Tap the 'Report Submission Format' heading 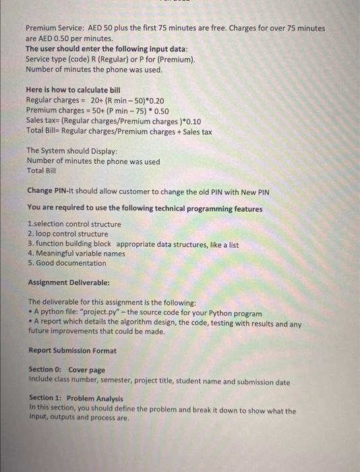[x=73, y=351]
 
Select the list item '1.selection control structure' [x=74, y=224]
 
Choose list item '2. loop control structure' [x=68, y=234]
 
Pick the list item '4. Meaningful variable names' [x=76, y=254]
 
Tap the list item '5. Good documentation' [x=67, y=263]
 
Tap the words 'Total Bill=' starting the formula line [x=47, y=131]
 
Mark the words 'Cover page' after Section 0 [x=86, y=370]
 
